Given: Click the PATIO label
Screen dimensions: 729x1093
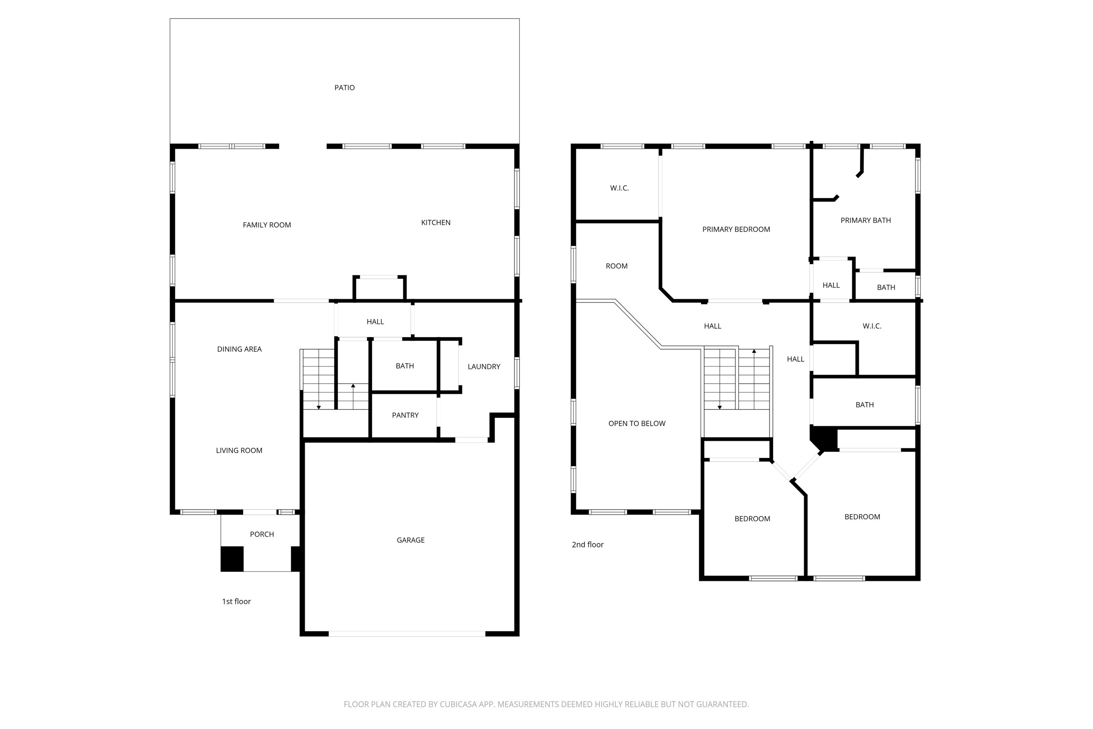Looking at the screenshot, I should [x=344, y=87].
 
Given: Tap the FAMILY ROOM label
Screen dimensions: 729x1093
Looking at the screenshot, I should [x=267, y=225].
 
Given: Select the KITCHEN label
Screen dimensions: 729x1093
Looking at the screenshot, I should [x=435, y=223].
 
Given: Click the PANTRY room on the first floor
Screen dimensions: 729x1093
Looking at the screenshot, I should [x=405, y=415].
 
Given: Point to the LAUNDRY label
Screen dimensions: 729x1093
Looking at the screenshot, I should [x=484, y=367].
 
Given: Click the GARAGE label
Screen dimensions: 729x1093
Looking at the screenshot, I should [x=410, y=540].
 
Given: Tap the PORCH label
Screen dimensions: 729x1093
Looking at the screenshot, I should [x=262, y=535].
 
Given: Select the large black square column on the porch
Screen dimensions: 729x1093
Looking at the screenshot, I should [x=232, y=559].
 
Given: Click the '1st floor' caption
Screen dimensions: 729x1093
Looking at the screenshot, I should [x=236, y=602].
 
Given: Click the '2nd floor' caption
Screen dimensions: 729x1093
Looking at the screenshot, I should [x=587, y=545].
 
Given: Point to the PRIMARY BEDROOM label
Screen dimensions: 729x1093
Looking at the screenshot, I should [x=736, y=229].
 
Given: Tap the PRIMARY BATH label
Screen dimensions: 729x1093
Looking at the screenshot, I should [x=865, y=221].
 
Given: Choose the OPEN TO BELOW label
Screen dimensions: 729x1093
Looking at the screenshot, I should [x=636, y=424].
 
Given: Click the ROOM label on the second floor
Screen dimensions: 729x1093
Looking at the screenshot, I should [x=616, y=266].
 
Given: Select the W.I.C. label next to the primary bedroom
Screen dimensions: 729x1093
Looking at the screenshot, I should [x=619, y=188].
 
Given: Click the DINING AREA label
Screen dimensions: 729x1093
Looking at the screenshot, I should [x=239, y=349].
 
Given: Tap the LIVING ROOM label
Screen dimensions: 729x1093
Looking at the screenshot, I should [x=239, y=451].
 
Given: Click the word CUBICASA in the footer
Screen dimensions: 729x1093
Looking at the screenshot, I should [x=458, y=704].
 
